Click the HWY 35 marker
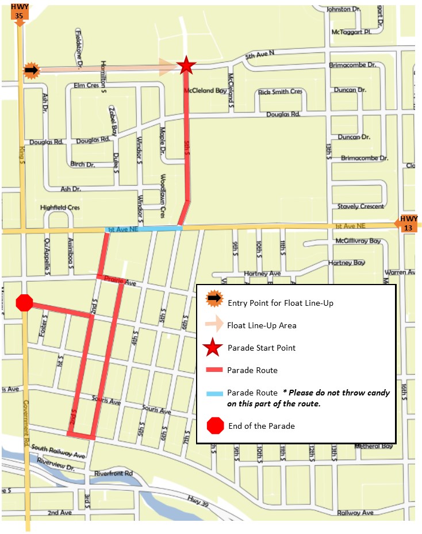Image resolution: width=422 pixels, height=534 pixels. pos(19,13)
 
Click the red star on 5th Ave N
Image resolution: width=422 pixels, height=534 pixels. pos(185,66)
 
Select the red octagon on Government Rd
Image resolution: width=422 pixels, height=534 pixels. pos(25,303)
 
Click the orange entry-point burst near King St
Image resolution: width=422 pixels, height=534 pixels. pos(31,71)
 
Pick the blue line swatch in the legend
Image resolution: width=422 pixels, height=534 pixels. pos(214,394)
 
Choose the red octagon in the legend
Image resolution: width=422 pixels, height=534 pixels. pos(215,426)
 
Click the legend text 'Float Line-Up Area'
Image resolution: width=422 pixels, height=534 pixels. pos(262,325)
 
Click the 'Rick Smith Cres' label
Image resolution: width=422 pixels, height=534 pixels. pos(280,91)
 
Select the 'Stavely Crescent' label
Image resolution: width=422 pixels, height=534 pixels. pos(360,206)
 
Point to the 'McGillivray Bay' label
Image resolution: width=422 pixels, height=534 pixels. pos(358,241)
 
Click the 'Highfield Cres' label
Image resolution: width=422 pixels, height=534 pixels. pos(60,208)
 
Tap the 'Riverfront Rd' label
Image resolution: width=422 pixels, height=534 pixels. pos(113,474)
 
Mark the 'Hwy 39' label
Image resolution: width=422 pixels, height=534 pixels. pos(198,501)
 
